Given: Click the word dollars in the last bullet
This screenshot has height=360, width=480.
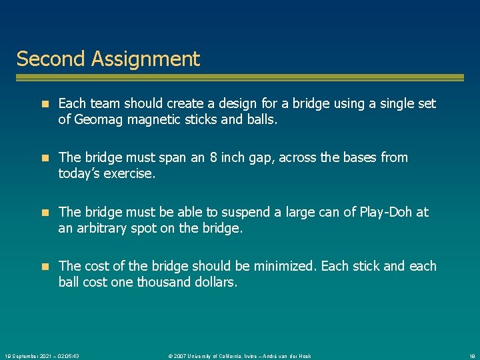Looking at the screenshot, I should point(215,282).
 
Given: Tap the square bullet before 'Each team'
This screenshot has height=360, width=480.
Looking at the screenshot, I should point(45,104).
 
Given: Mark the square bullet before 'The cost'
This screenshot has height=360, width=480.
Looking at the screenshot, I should point(45,267).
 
